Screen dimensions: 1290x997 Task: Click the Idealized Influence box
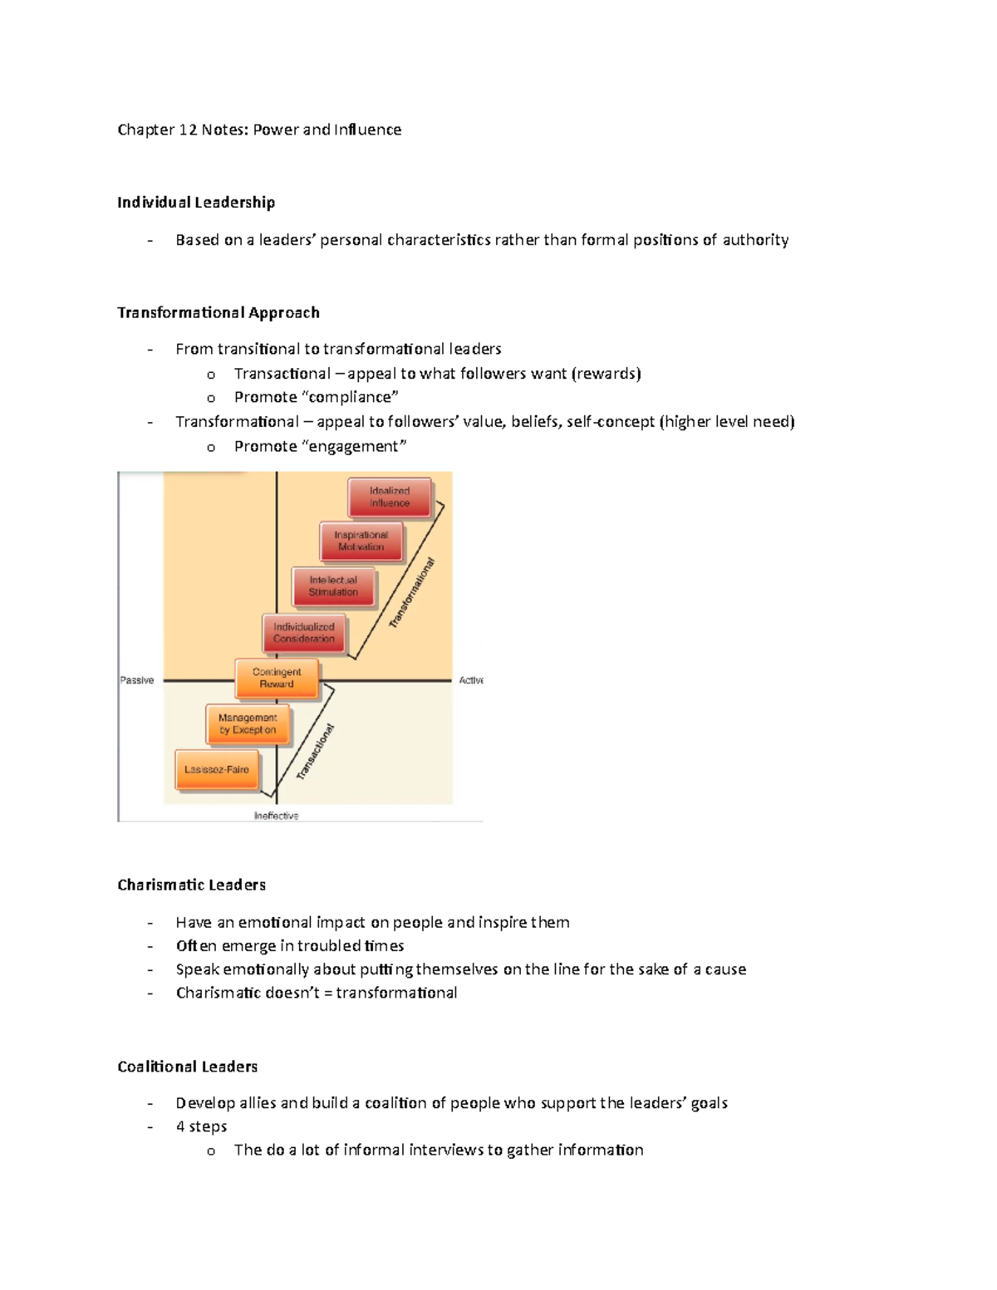390,497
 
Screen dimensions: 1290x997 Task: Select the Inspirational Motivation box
361,541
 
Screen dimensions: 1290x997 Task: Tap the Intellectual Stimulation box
333,586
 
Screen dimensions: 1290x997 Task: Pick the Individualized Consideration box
304,633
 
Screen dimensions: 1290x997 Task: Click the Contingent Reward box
277,678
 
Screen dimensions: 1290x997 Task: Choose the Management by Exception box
248,723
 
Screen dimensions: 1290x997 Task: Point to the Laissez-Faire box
217,769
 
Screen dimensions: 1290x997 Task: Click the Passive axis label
137,680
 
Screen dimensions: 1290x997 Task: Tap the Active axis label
471,680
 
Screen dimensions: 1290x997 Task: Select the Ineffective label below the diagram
276,816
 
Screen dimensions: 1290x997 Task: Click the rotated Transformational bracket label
412,593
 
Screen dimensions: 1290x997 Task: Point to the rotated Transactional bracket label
316,752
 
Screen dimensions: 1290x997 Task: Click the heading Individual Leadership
196,203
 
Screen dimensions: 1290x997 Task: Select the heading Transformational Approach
219,312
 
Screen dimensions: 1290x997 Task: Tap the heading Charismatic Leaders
192,885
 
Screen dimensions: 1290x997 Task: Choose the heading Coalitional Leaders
188,1067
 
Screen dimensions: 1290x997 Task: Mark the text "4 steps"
201,1126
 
